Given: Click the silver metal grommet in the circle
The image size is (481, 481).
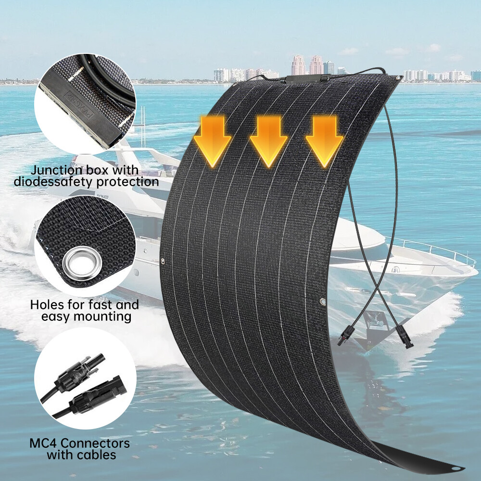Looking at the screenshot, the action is tap(83, 263).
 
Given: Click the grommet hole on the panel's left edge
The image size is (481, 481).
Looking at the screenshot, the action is tap(163, 261).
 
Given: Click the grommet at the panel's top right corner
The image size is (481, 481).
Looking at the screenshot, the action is tap(399, 78).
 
